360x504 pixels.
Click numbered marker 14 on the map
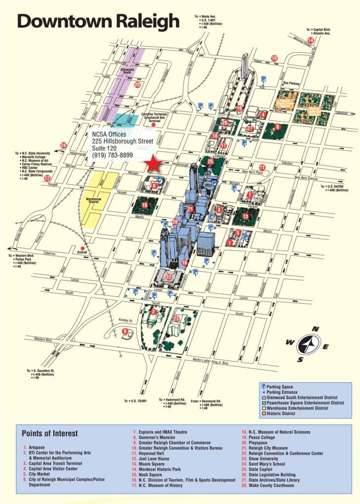(311, 40)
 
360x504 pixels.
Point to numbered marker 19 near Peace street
(274, 58)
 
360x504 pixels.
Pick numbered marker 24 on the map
(63, 145)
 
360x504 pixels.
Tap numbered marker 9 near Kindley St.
(125, 331)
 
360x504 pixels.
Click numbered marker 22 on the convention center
(169, 277)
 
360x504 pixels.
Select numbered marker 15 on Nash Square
(145, 205)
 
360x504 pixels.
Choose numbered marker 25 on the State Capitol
(210, 161)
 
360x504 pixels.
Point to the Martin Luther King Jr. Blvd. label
(211, 363)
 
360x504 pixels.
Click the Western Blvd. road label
(44, 339)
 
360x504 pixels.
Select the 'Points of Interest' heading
(49, 433)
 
